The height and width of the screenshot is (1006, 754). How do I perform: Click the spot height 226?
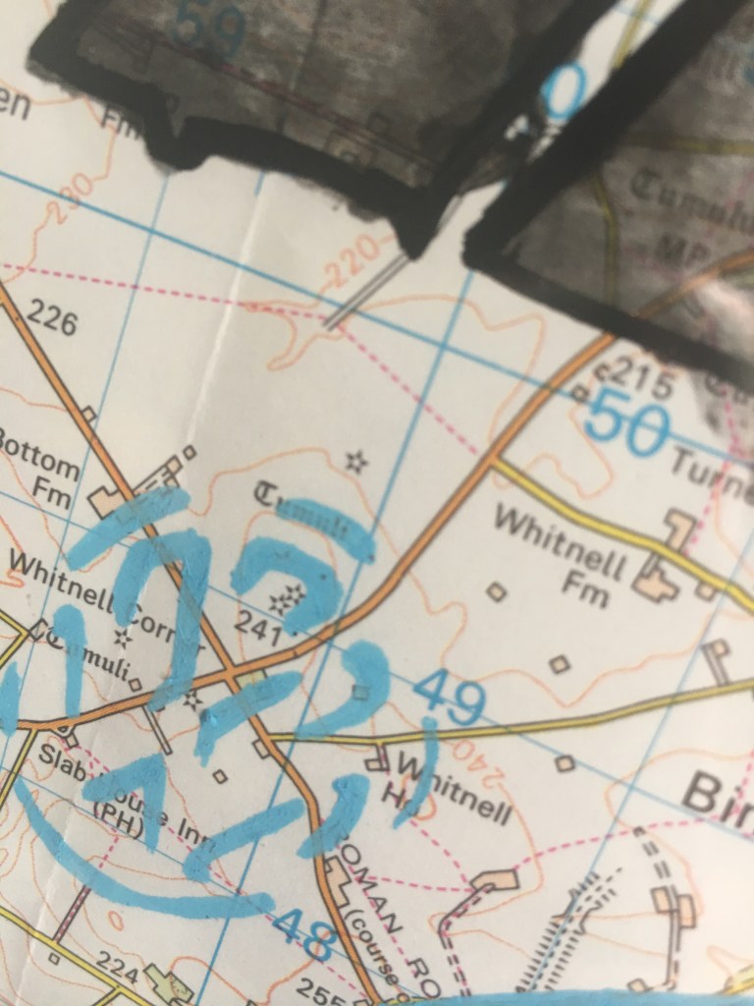(52, 318)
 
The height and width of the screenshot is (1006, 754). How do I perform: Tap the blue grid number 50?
(628, 423)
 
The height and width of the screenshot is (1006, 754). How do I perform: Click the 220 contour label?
(350, 259)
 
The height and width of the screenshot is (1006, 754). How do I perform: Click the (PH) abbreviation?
(115, 811)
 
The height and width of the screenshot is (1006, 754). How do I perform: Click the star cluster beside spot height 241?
(289, 599)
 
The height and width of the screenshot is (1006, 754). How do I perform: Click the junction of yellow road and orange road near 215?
(495, 458)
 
